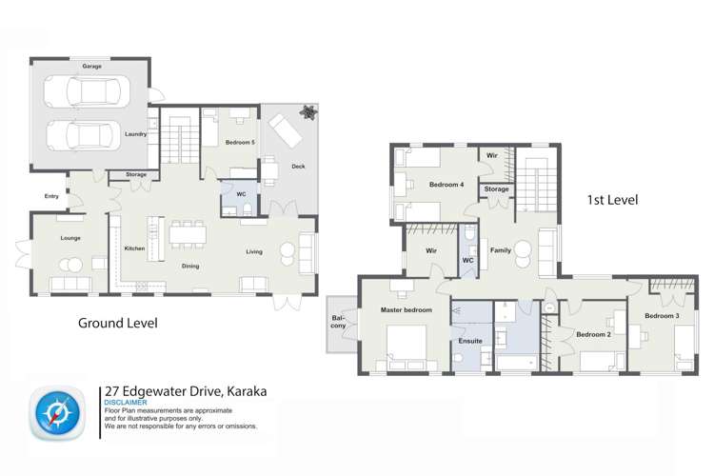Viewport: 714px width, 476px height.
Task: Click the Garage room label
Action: tap(91, 67)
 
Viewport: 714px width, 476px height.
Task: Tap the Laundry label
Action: tap(136, 134)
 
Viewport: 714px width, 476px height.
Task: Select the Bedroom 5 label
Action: tap(239, 142)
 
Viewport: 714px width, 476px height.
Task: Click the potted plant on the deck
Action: tap(308, 111)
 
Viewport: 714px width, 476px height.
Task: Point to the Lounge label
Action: tap(69, 238)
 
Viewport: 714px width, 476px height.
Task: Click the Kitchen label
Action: tap(134, 248)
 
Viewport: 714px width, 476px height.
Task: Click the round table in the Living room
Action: tap(288, 251)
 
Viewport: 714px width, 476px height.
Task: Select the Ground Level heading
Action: tap(117, 324)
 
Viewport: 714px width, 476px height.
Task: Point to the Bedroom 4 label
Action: tap(446, 184)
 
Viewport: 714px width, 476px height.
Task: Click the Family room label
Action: tap(500, 250)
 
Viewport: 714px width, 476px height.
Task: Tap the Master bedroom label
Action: tap(407, 310)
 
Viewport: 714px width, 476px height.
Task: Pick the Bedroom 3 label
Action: tap(662, 315)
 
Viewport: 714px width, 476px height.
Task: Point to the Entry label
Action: tap(51, 197)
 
